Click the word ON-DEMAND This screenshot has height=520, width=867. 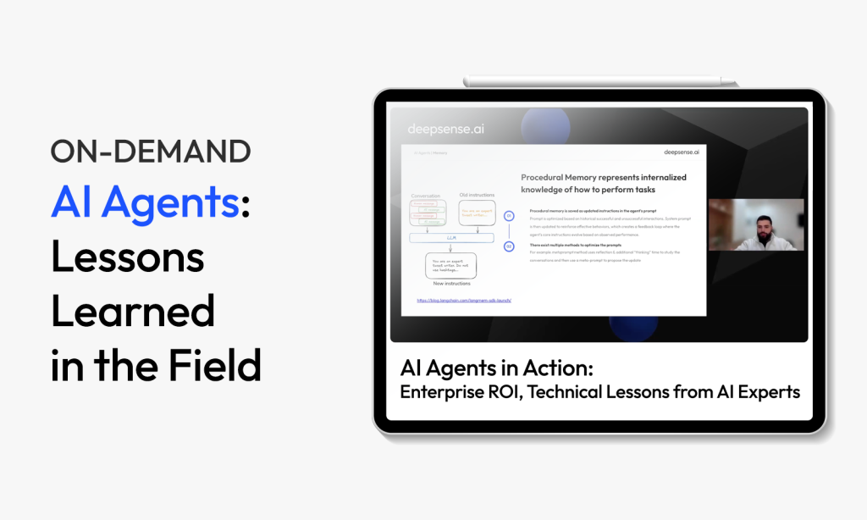[x=151, y=152]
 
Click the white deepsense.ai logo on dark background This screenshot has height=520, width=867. [x=446, y=130]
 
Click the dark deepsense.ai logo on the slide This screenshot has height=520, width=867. [x=670, y=152]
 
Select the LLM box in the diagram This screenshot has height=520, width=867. [x=451, y=238]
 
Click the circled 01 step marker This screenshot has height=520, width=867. [x=509, y=216]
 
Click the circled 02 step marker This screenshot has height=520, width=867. [x=509, y=246]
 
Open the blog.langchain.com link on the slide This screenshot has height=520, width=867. [x=464, y=300]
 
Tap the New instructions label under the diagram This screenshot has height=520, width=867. [x=451, y=284]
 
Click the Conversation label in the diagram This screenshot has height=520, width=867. [x=425, y=196]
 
